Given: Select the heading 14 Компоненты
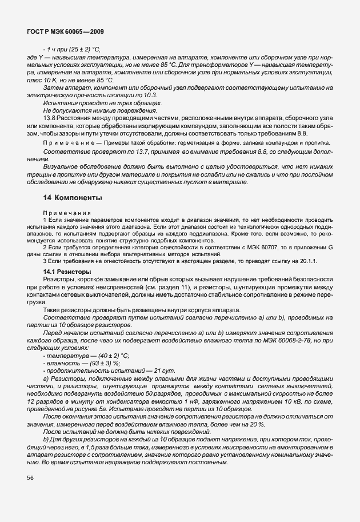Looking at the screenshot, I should click(73, 198).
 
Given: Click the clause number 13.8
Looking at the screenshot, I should click(50, 117).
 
